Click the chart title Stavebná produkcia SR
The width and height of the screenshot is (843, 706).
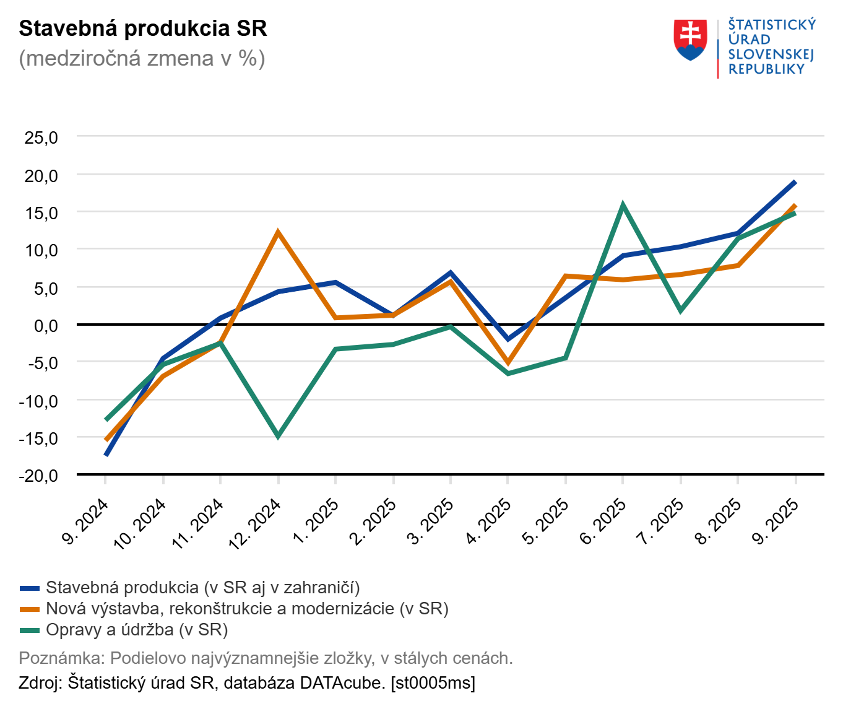(x=143, y=29)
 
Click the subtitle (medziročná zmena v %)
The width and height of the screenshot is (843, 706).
(x=142, y=58)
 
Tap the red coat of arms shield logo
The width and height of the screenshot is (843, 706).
(x=690, y=40)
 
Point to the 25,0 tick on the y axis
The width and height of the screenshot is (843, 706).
(x=41, y=137)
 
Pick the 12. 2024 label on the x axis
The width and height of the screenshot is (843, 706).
(x=256, y=523)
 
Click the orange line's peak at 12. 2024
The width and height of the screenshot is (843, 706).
(x=278, y=233)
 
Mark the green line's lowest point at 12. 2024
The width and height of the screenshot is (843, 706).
(x=278, y=435)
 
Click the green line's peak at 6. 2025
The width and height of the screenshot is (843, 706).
(x=623, y=205)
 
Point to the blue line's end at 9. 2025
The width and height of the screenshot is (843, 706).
(x=795, y=182)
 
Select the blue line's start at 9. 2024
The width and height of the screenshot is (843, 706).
(x=106, y=455)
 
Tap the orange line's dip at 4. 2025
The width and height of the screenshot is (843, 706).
(x=508, y=363)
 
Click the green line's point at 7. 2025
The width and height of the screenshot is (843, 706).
(x=680, y=310)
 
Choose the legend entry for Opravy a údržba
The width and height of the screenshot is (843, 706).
(x=137, y=630)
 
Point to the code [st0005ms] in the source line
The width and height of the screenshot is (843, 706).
(x=433, y=683)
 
